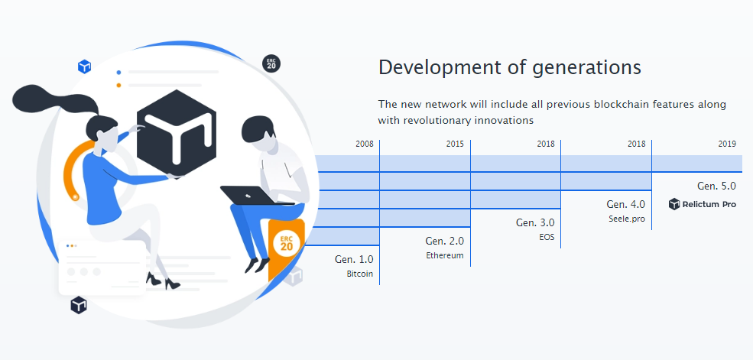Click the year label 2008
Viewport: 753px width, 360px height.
point(365,144)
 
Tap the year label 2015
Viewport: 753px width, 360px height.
point(455,144)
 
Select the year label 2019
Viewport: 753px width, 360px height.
point(727,144)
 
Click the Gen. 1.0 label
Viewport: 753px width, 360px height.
point(354,259)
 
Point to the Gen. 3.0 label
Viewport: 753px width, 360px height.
point(535,222)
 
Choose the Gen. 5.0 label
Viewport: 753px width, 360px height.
point(716,186)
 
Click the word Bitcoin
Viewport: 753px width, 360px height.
point(360,274)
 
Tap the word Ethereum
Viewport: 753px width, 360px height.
point(445,256)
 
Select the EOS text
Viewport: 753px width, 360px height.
point(547,237)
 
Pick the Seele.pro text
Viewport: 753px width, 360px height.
point(627,219)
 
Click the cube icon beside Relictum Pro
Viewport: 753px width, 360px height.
point(674,204)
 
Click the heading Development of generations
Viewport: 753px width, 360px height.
point(510,68)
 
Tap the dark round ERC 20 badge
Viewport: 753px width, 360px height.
point(271,64)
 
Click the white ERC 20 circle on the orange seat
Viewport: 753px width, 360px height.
point(286,243)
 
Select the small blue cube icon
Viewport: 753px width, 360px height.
point(85,66)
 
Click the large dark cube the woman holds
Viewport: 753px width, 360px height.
point(177,133)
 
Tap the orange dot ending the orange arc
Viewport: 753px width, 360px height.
point(75,197)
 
